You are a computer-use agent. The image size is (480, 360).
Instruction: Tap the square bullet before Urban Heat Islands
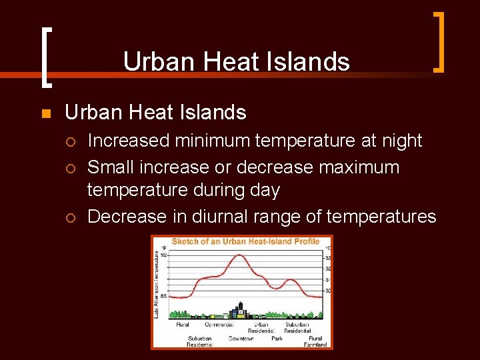pos(45,113)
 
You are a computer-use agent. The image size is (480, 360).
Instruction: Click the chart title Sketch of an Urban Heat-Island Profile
pos(245,241)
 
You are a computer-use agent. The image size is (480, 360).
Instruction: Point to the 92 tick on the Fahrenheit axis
pos(164,255)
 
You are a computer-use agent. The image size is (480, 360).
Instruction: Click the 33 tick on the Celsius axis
pos(327,257)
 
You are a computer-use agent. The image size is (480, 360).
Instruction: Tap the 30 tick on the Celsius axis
pos(327,291)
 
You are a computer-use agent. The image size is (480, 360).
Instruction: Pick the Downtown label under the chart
pos(241,338)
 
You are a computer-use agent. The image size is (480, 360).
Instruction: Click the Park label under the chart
pos(277,338)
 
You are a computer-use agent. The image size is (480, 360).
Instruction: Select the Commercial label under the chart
pos(218,325)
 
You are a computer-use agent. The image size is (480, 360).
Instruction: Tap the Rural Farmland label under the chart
pos(315,341)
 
